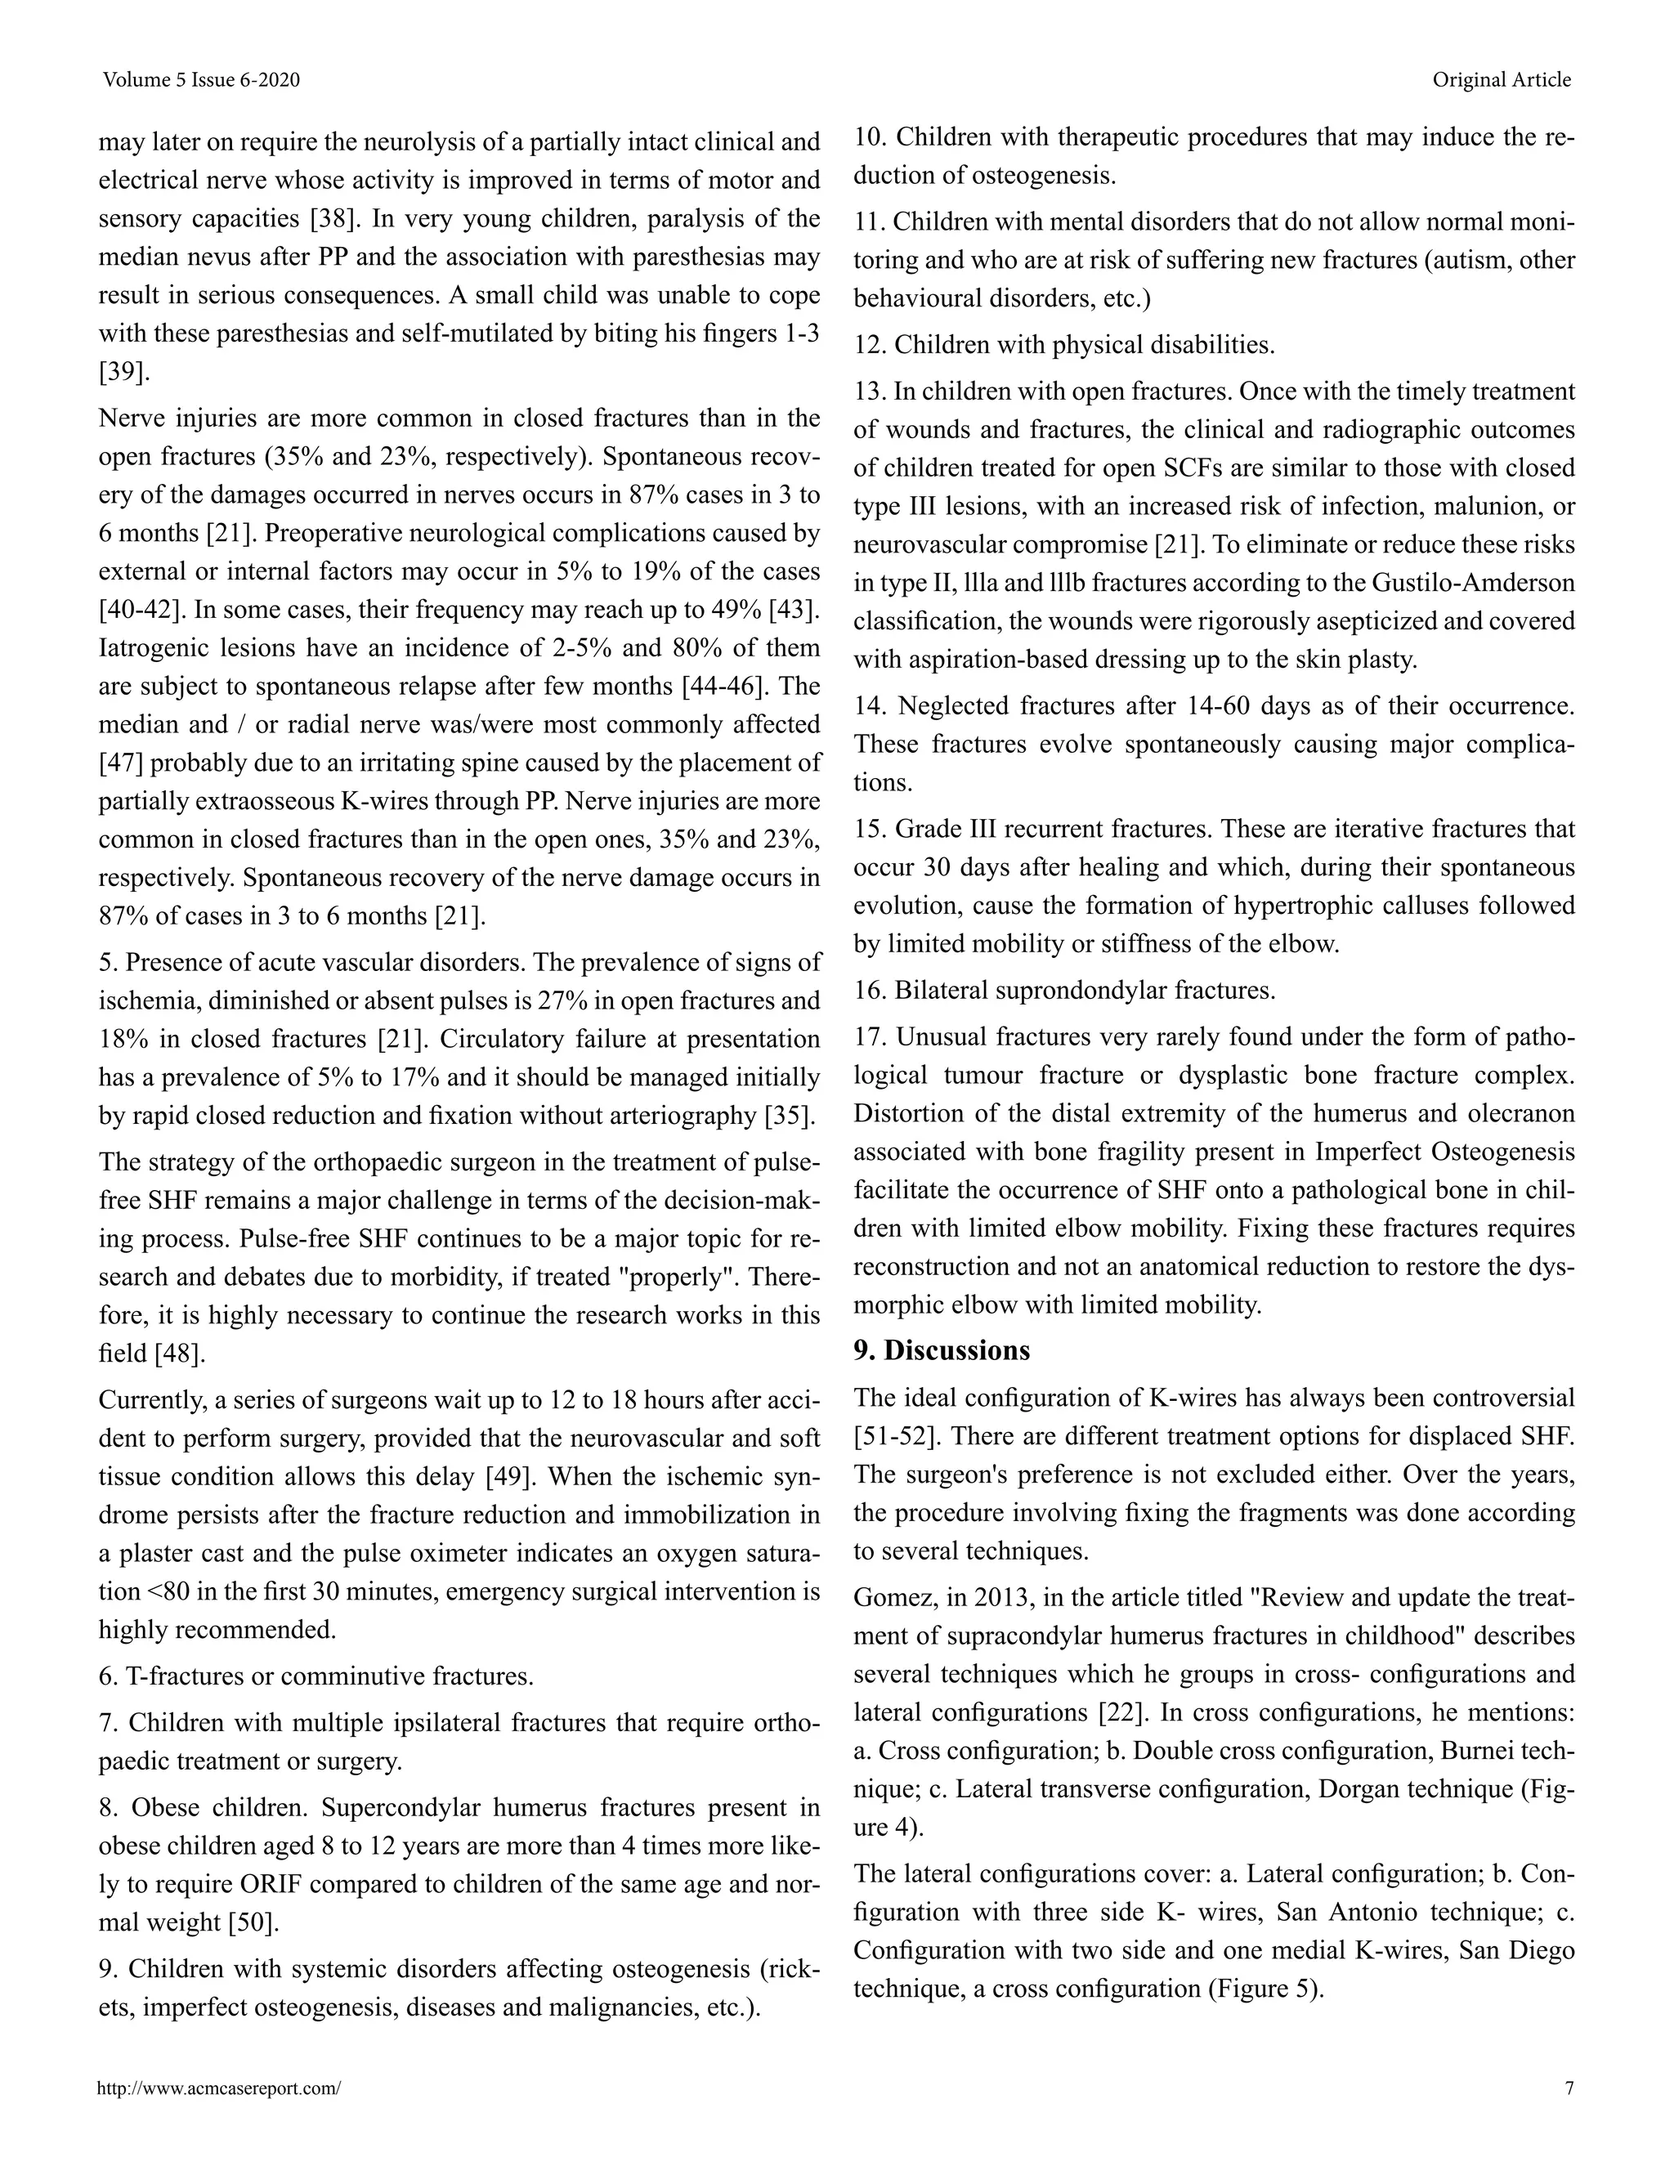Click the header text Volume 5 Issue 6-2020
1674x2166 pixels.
coord(200,80)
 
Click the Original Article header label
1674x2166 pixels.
coord(1501,80)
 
